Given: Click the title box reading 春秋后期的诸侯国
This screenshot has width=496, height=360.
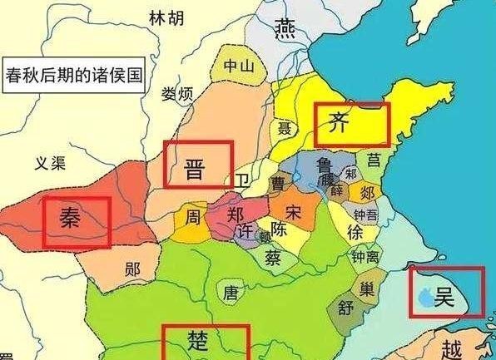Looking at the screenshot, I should (x=74, y=75).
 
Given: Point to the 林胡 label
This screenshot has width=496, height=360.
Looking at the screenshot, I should (x=165, y=17).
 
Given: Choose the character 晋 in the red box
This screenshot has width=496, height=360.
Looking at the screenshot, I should (x=196, y=165).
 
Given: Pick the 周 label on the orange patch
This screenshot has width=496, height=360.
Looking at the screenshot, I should (x=192, y=219).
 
